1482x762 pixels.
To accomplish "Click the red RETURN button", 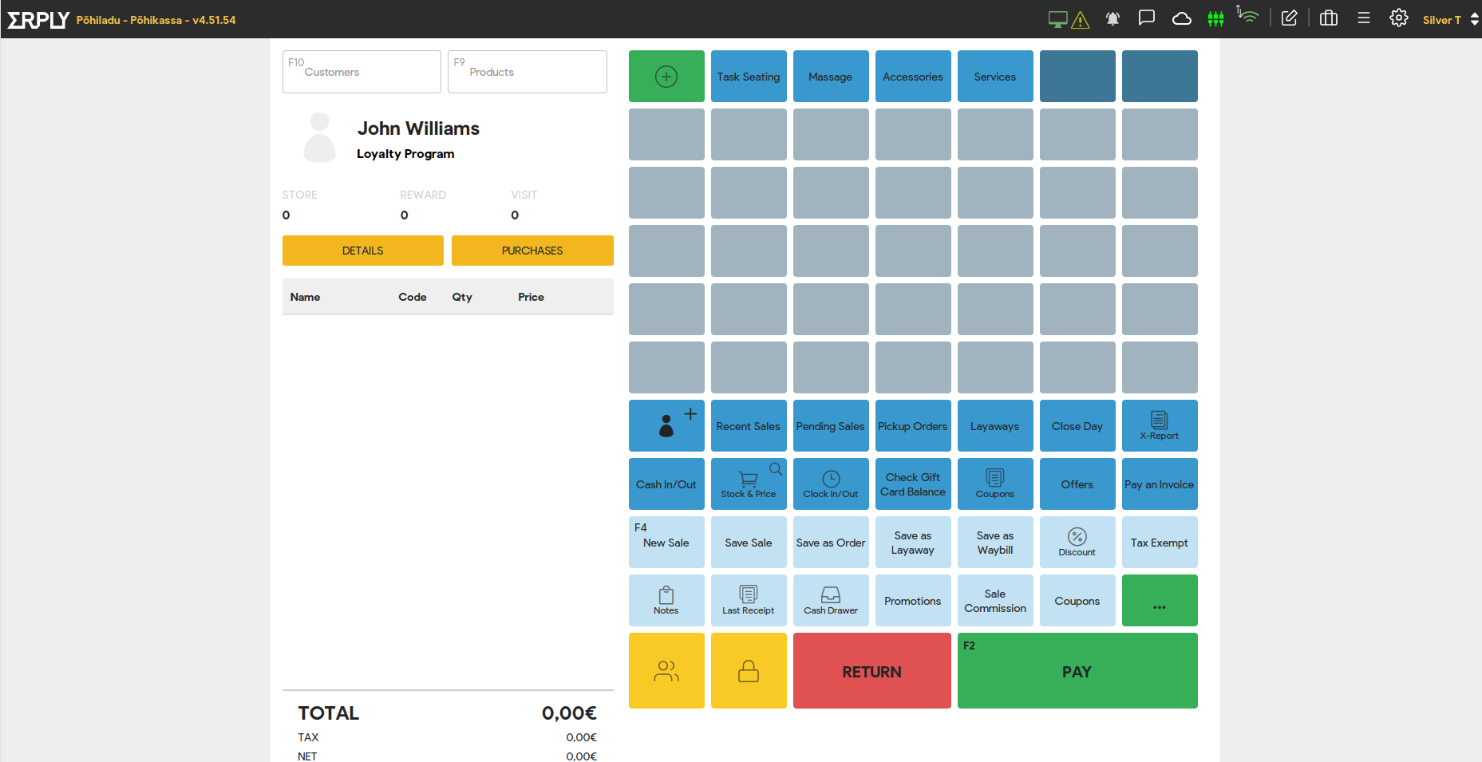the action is point(871,670).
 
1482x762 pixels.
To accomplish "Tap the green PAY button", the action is point(1077,670).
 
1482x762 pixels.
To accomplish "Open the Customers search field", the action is point(362,72).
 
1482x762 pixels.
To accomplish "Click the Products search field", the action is point(527,72).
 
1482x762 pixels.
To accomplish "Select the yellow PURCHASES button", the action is point(532,251).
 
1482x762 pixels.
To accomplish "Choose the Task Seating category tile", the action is point(749,77).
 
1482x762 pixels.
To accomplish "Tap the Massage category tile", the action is point(831,77).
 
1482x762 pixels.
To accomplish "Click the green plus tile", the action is point(666,77).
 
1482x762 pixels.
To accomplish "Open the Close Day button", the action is point(1077,426).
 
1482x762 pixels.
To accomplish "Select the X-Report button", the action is point(1160,426).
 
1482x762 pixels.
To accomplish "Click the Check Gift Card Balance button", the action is point(913,484).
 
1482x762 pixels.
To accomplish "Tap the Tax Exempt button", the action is point(1160,543).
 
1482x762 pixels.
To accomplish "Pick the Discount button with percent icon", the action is point(1077,543).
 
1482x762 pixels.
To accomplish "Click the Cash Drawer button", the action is point(831,601).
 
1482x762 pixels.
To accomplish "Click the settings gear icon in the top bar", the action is point(1399,18).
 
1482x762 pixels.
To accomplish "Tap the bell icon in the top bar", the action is point(1112,18).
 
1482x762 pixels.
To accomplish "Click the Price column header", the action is point(531,297).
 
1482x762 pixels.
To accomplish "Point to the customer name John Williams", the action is point(418,128).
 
